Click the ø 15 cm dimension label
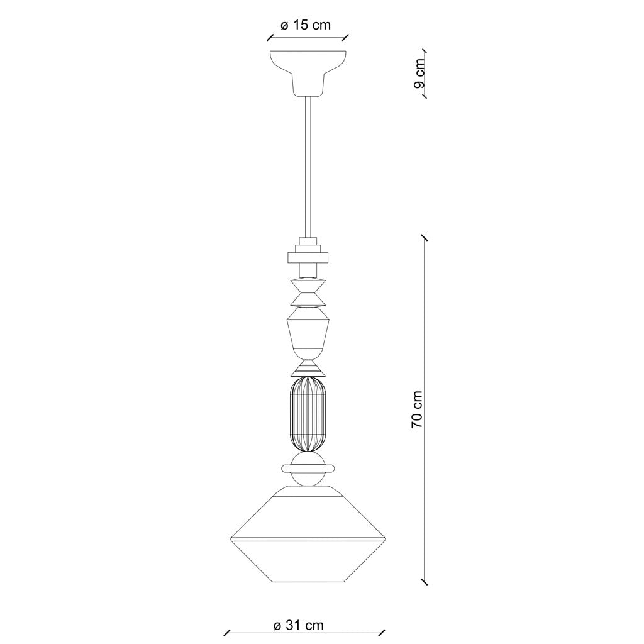(x=305, y=26)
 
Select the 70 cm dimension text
(x=416, y=409)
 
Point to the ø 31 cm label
(x=299, y=625)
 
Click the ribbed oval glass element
(x=308, y=416)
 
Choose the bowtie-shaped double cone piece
(x=308, y=292)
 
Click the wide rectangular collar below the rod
(x=308, y=257)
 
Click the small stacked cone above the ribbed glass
(x=308, y=367)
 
